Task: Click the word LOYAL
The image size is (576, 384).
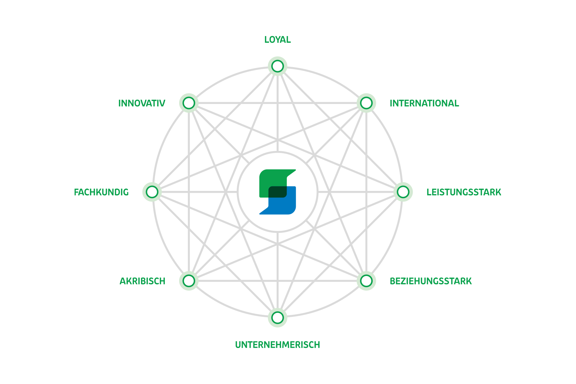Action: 277,40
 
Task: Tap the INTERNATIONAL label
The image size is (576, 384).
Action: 424,103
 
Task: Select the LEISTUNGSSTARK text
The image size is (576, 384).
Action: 464,192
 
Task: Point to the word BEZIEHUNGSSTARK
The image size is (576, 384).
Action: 431,281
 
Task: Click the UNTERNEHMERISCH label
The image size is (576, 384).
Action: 277,345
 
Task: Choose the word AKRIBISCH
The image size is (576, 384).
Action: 143,281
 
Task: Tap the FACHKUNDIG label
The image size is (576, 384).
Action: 101,192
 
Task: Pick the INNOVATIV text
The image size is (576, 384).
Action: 142,103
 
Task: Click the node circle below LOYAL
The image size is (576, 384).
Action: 277,66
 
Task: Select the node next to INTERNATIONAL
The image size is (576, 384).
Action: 366,103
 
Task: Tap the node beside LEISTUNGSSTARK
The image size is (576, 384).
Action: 403,192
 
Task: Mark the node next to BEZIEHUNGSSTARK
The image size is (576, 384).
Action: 366,281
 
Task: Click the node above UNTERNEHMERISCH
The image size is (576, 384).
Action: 277,318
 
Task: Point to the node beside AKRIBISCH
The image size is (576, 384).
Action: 189,281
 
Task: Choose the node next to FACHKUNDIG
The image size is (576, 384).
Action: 152,192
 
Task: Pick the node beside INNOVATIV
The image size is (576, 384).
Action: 189,103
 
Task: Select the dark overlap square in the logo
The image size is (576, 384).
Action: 277,192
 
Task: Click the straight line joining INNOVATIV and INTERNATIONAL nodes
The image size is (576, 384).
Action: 277,103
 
